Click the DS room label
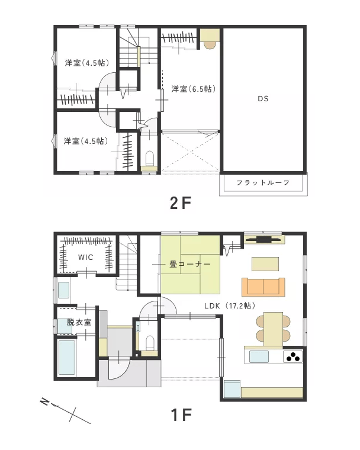tap(263, 99)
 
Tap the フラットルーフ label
tap(263, 182)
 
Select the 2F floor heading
tap(181, 203)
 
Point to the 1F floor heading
tap(181, 414)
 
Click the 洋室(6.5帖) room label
tap(194, 89)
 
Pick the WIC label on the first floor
tap(85, 257)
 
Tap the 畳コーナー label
tap(190, 264)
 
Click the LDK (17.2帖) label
tap(230, 306)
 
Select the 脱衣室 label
tap(79, 322)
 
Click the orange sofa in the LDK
tap(263, 287)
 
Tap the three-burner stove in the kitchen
tap(293, 356)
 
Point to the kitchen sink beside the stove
tap(259, 356)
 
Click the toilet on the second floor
tap(150, 157)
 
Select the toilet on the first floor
tap(150, 342)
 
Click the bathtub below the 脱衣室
tap(67, 357)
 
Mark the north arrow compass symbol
tap(66, 411)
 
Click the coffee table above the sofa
tap(265, 264)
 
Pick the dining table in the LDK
tap(273, 329)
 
